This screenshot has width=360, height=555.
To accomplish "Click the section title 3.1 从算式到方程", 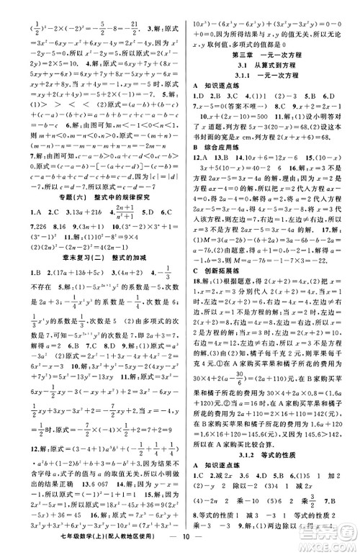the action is tap(269, 65).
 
